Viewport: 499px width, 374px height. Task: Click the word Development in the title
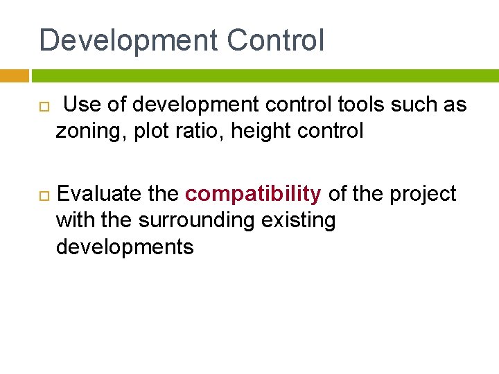[128, 41]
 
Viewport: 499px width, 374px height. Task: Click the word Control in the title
[275, 41]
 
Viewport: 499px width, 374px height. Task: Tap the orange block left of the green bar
[14, 75]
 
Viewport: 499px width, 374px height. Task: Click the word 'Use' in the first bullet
[85, 105]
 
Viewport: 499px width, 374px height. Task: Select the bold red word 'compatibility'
[253, 195]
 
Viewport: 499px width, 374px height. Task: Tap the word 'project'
[423, 195]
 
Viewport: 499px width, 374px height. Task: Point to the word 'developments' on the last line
[125, 247]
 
